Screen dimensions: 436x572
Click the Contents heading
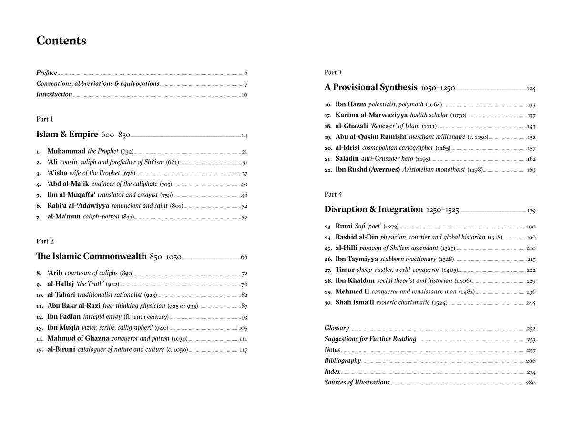tap(61, 41)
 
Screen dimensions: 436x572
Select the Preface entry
tap(47, 73)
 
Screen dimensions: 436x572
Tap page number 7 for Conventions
tap(246, 84)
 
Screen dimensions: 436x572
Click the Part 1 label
tap(45, 119)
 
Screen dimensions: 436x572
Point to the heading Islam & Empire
tap(67, 135)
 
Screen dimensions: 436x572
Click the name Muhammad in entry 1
tap(66, 151)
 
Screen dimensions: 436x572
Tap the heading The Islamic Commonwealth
tap(92, 257)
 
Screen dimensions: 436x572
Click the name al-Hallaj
tap(60, 284)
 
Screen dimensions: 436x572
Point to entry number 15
tap(40, 350)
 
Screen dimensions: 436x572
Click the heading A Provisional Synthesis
tap(371, 88)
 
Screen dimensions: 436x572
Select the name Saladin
tap(347, 159)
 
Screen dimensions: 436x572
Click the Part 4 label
tap(333, 195)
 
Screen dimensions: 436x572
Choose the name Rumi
tap(344, 227)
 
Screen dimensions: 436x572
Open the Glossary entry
tap(337, 328)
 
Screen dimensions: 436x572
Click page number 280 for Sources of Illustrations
tap(531, 383)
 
